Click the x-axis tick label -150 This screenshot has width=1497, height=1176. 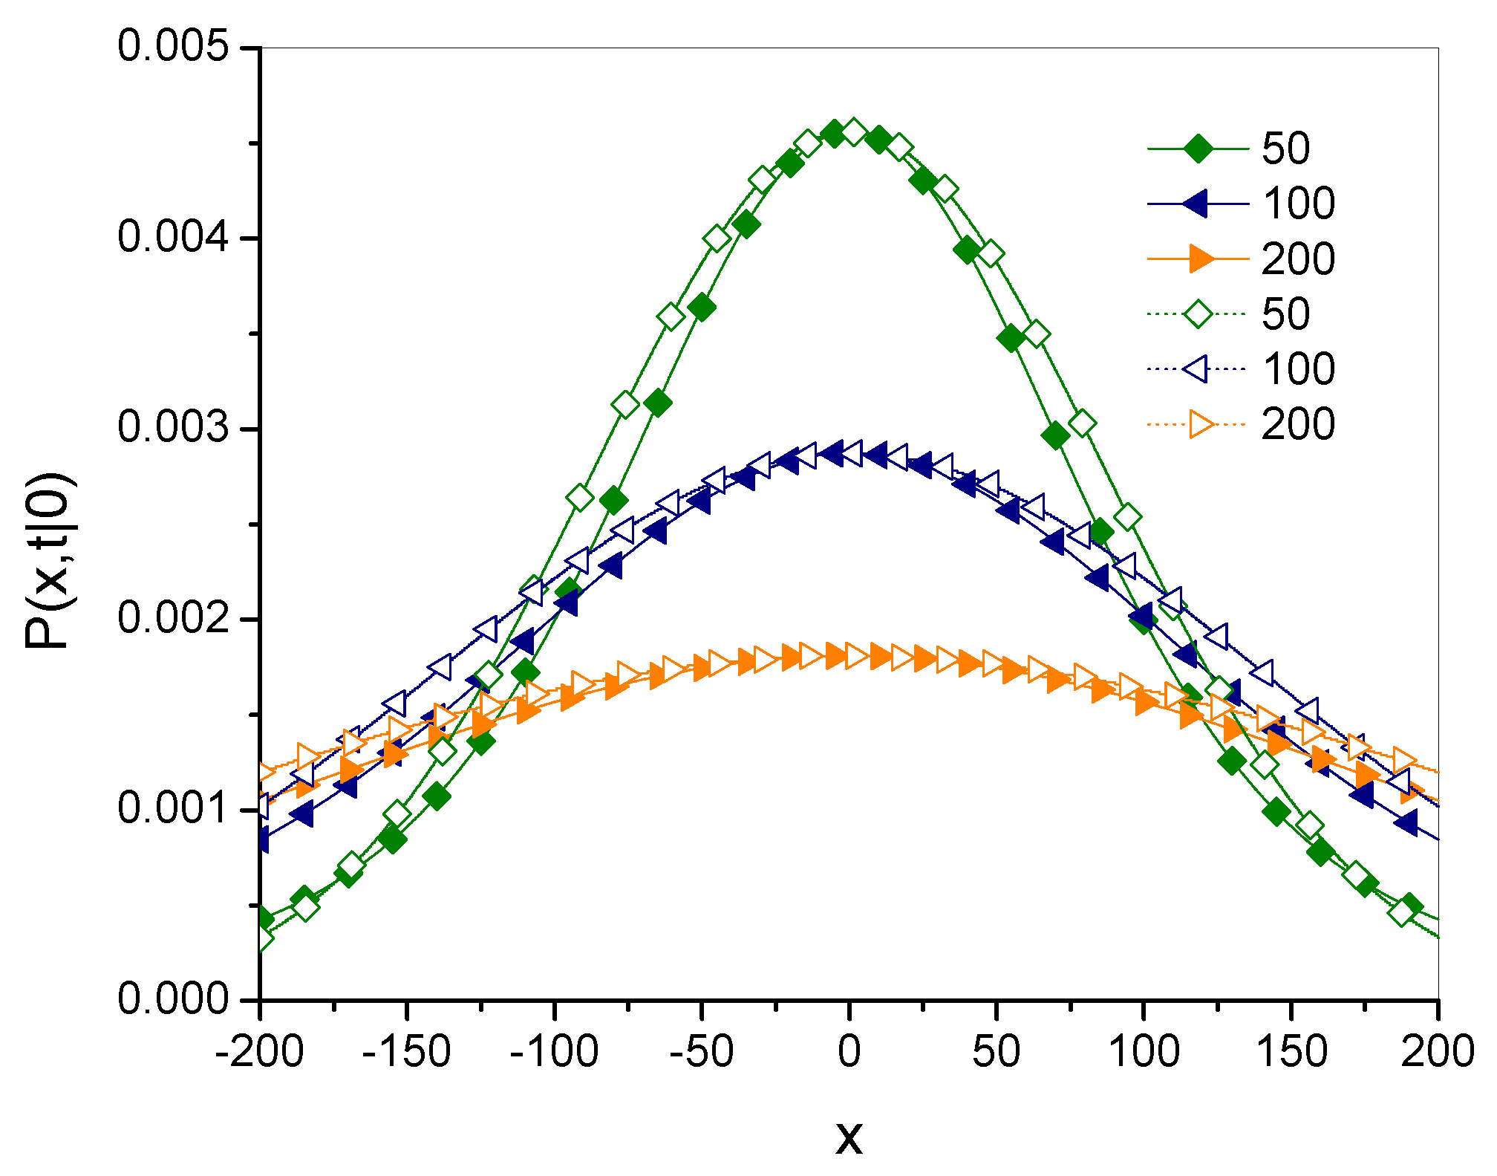coord(406,1052)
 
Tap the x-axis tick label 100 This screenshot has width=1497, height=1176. coord(1144,1052)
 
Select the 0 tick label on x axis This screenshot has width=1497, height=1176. coord(849,1052)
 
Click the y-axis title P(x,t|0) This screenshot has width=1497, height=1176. coord(48,561)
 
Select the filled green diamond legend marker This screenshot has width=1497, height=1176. coord(1198,149)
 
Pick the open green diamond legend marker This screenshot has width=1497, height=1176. coord(1198,314)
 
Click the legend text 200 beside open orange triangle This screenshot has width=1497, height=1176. coord(1298,425)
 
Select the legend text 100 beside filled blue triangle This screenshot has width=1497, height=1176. coord(1298,204)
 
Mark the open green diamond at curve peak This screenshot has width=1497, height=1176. coord(853,133)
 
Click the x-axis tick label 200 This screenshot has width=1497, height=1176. coord(1437,1052)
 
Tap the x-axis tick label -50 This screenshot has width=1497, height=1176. coord(701,1052)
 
